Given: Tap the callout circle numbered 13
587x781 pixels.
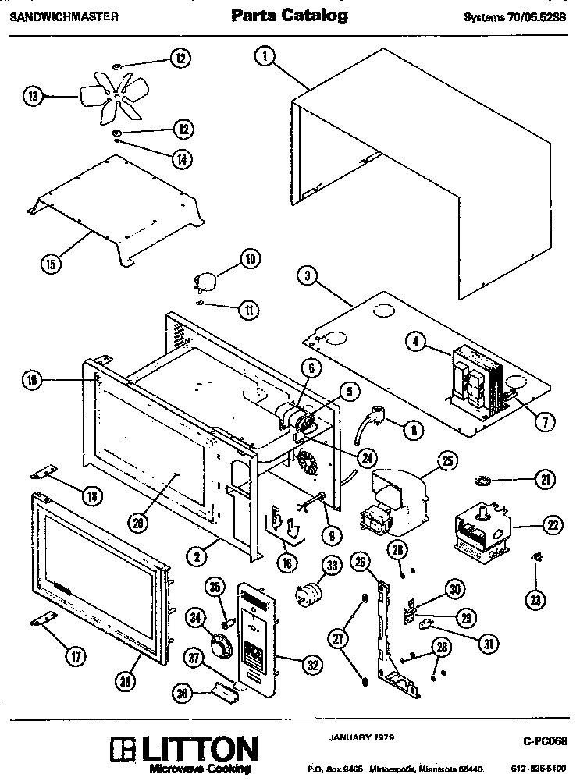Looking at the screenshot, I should click(x=31, y=97).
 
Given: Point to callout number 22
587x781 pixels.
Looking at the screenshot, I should click(x=552, y=526).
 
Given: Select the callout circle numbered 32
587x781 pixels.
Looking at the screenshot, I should click(x=311, y=665).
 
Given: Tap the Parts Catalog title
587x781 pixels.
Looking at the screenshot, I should click(x=290, y=15).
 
